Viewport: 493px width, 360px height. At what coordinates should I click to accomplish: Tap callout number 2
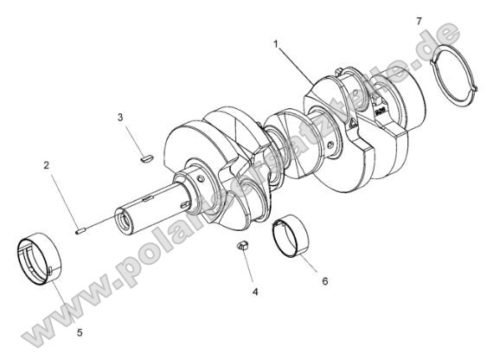(45, 164)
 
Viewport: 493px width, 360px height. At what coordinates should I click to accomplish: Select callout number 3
(122, 116)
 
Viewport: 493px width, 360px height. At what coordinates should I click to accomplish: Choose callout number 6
(324, 281)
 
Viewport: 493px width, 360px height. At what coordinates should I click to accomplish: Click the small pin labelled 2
(80, 230)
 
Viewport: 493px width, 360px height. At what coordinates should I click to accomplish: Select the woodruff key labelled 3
(145, 158)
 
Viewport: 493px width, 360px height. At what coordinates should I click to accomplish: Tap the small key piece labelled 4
(244, 247)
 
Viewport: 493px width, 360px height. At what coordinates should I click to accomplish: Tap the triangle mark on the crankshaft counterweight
(353, 126)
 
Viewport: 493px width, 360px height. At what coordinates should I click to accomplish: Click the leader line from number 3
(132, 136)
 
